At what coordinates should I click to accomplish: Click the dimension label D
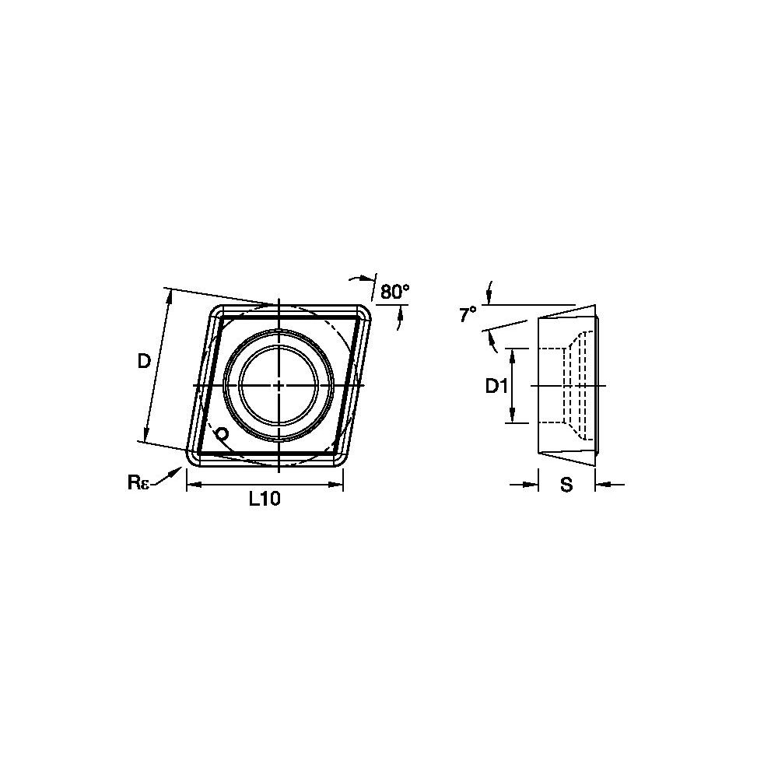144,361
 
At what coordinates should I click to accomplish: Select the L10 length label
264,500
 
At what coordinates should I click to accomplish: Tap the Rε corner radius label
138,482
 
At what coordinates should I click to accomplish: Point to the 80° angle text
394,292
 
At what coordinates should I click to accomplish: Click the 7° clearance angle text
467,314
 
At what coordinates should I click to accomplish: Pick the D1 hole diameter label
496,386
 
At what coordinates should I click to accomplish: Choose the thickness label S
566,485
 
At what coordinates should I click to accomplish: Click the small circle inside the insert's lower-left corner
222,433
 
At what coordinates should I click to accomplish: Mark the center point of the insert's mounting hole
279,385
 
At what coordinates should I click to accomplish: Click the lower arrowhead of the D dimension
145,436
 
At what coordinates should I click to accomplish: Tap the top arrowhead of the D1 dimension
513,353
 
